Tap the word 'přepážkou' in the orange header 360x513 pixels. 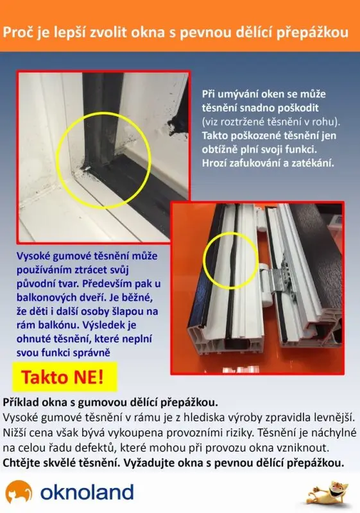(x=313, y=33)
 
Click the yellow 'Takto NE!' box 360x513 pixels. (x=64, y=376)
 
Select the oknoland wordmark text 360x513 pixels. (x=87, y=492)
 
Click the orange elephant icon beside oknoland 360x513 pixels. (x=19, y=491)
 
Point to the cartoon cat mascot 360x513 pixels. (x=328, y=492)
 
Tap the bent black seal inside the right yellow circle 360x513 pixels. (x=232, y=260)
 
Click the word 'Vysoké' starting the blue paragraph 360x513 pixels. (x=33, y=256)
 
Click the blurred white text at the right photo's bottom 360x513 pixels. (x=241, y=370)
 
